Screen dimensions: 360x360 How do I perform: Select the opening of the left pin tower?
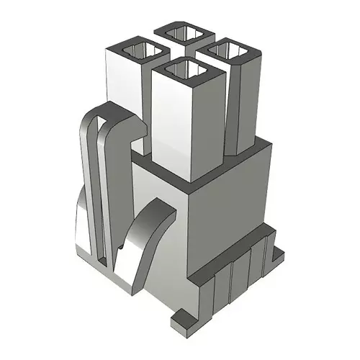tap(138, 51)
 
